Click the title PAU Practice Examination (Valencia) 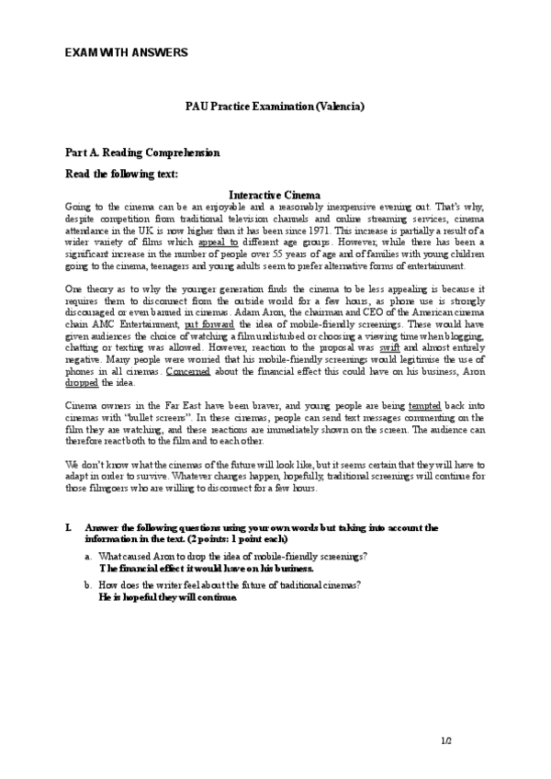click(x=275, y=107)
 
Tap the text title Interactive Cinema click(x=275, y=195)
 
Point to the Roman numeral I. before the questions click(x=69, y=528)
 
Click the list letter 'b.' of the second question click(x=87, y=584)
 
